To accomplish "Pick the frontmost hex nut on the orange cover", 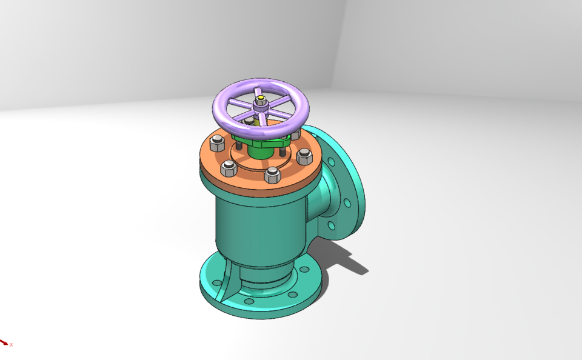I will point(272,176).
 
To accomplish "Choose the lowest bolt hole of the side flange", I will point(332,225).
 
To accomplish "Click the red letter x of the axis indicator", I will point(11,345).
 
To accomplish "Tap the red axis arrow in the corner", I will point(4,342).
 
